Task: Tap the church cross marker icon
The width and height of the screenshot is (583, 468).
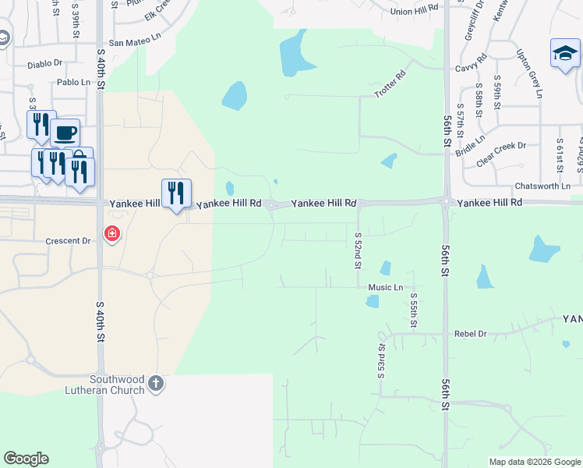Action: [x=156, y=383]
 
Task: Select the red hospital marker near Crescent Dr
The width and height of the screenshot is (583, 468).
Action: [x=112, y=234]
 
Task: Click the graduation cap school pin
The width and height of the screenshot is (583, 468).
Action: [x=564, y=53]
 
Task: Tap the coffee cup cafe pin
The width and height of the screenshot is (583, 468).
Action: [x=65, y=133]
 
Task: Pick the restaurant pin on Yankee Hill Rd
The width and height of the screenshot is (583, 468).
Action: [x=176, y=193]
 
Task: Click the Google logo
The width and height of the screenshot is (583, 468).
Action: [x=26, y=459]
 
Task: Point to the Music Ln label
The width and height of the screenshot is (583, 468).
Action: [x=386, y=287]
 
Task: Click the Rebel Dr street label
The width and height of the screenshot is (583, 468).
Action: [x=470, y=334]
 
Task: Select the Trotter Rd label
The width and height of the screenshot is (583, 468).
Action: [x=390, y=85]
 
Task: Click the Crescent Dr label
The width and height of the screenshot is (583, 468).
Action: [x=70, y=241]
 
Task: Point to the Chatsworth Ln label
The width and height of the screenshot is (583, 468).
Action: [x=542, y=186]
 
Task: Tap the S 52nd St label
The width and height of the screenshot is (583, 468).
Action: [x=358, y=250]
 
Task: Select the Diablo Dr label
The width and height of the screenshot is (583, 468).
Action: [x=44, y=63]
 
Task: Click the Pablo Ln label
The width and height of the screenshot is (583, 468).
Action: [x=74, y=82]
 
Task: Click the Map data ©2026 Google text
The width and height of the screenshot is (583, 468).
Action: [x=534, y=462]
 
